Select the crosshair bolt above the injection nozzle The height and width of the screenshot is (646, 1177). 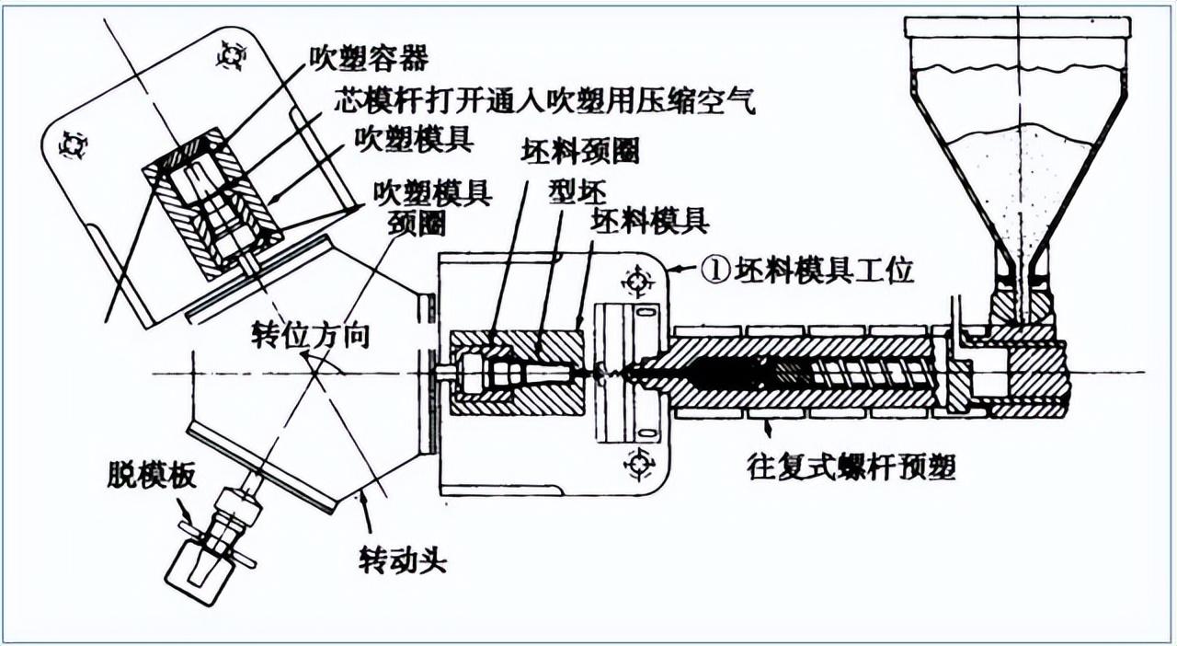click(634, 279)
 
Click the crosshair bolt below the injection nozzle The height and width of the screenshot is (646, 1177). click(634, 463)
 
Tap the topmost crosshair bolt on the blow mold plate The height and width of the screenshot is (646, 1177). click(229, 57)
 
